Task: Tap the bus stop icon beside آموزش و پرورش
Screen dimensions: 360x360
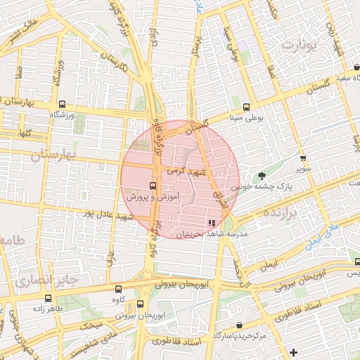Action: coord(153,186)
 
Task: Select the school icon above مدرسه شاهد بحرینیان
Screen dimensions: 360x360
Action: coord(212,224)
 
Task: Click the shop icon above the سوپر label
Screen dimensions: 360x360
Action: coord(303,157)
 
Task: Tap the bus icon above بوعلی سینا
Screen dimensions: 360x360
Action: coord(246,108)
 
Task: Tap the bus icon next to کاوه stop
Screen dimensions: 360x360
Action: coord(118,288)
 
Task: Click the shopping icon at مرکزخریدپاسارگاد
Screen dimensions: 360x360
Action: coord(240,325)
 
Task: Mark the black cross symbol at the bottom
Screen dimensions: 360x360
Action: coord(293,351)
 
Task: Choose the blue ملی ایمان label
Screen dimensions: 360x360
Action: coord(321,236)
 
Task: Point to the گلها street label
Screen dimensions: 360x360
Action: coord(26,133)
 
